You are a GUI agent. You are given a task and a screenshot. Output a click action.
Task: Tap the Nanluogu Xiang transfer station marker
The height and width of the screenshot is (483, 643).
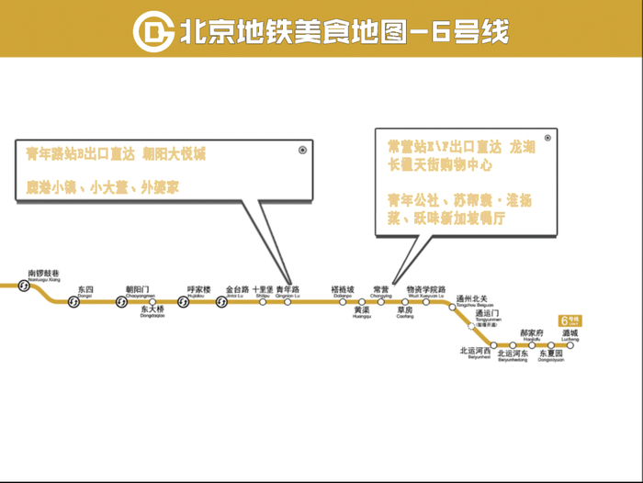[x=25, y=286]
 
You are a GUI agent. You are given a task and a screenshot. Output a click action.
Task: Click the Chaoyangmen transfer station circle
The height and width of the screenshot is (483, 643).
[x=121, y=302]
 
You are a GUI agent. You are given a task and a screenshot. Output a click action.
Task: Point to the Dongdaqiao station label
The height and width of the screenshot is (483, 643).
[x=152, y=311]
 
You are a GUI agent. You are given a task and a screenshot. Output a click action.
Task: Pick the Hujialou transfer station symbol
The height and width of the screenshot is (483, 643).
[x=184, y=302]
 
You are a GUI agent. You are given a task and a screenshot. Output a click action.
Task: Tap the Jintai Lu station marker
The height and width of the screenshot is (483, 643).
[x=221, y=302]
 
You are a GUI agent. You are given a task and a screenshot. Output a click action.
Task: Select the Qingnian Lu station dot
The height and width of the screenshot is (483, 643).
[x=288, y=302]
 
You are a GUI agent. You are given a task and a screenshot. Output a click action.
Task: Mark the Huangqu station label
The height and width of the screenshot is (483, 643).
[x=361, y=311]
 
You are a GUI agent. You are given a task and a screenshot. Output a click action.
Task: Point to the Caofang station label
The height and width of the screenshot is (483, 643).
[x=405, y=311]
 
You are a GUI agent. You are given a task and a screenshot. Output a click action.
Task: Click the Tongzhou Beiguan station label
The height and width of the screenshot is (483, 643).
[x=475, y=301]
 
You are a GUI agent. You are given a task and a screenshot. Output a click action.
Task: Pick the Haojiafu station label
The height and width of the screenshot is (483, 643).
[x=532, y=334]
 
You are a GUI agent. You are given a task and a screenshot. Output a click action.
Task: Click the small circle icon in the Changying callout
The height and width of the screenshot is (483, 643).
[x=547, y=139]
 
